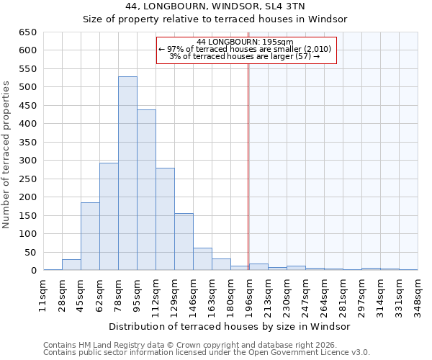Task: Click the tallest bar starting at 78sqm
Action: click(127, 173)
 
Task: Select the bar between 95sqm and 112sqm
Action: click(146, 190)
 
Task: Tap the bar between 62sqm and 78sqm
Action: click(109, 216)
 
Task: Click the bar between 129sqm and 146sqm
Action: click(184, 242)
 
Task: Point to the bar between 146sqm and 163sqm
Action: click(202, 259)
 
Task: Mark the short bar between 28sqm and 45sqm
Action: click(71, 265)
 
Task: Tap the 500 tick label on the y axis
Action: click(28, 87)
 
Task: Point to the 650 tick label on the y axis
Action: click(28, 32)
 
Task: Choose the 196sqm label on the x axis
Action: click(249, 297)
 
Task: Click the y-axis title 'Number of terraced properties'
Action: click(6, 155)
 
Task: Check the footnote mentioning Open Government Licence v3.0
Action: click(207, 353)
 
